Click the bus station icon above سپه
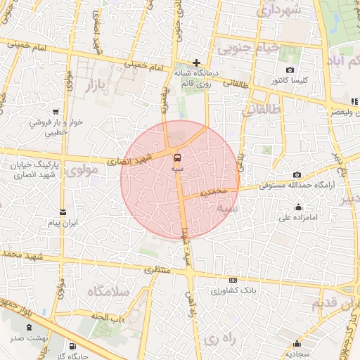[176, 157]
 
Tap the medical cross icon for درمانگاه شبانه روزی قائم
[196, 63]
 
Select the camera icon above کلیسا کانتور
[290, 70]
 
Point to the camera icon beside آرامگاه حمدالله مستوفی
[297, 174]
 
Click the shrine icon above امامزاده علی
[300, 207]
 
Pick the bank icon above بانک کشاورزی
[233, 279]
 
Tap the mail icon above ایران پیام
[63, 212]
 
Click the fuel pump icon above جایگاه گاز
[72, 346]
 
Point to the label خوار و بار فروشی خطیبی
[56, 127]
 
